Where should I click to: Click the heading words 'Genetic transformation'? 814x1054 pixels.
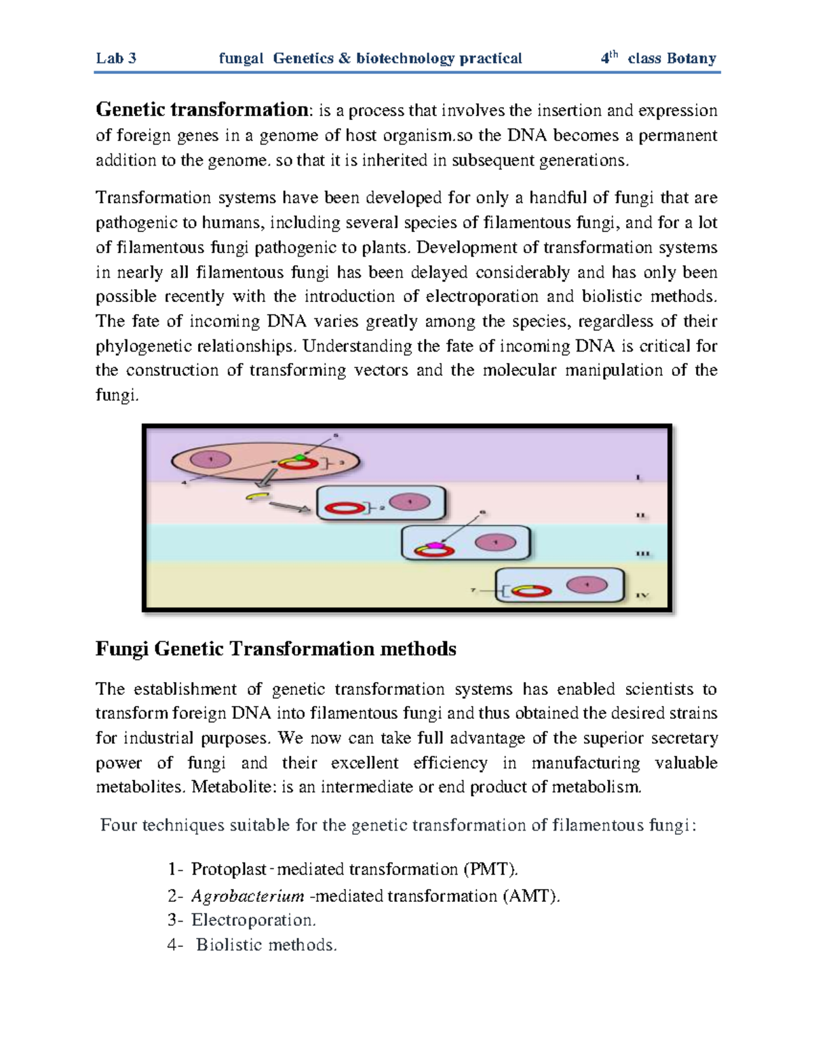tap(201, 109)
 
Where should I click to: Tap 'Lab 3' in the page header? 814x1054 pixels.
tap(116, 58)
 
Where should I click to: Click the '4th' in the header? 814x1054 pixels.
tap(609, 58)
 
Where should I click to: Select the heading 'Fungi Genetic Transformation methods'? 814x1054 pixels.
tap(275, 650)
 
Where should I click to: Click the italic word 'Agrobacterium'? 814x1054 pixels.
tap(248, 897)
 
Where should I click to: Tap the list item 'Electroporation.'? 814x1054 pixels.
tap(254, 920)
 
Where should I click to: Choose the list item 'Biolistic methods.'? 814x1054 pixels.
tap(266, 945)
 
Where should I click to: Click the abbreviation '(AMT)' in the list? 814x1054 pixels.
tap(532, 897)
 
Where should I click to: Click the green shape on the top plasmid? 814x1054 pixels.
tap(301, 458)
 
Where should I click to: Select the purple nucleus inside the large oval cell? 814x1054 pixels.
tap(211, 459)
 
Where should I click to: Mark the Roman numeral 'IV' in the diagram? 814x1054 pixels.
tap(642, 595)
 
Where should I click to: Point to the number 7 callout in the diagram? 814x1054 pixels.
tap(473, 590)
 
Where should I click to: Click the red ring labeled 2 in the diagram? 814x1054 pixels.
tap(344, 508)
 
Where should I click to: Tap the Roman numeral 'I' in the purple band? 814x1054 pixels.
tap(638, 478)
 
